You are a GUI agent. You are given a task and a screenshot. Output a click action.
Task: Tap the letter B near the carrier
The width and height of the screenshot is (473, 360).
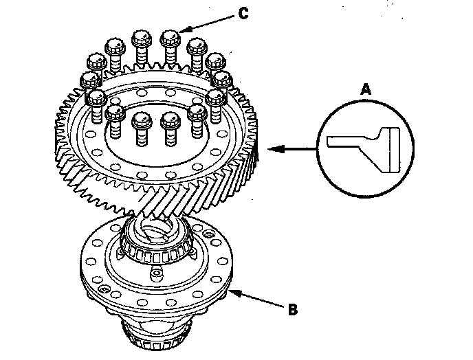291,308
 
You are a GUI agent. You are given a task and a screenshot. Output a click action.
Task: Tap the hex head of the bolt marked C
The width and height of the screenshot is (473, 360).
168,38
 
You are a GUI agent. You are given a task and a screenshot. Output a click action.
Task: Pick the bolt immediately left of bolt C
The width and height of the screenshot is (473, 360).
141,40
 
